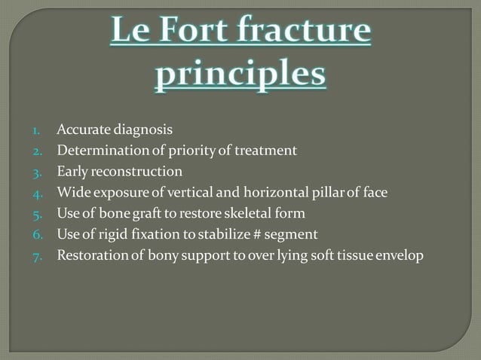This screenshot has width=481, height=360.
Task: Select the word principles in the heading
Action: [240, 76]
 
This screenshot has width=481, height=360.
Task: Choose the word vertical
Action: [191, 193]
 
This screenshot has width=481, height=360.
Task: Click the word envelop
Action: [401, 256]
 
